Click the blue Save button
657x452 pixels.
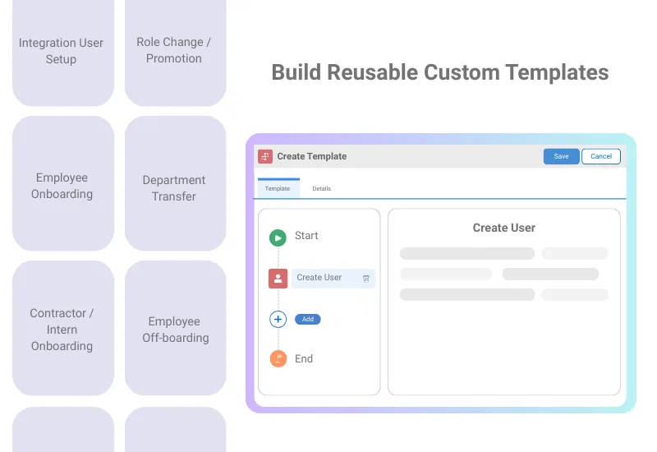(561, 156)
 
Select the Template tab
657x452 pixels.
(278, 188)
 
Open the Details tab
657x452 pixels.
(321, 188)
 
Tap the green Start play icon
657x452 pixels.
(278, 238)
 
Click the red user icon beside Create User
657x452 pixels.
(278, 278)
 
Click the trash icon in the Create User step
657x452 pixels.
(366, 279)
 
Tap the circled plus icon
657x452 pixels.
(278, 319)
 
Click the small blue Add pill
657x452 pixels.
(308, 319)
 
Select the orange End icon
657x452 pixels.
(278, 358)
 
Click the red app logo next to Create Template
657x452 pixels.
(265, 156)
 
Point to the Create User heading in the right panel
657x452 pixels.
(503, 228)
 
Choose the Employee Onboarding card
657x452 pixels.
(62, 185)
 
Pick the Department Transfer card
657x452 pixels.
(174, 187)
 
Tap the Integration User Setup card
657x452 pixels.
(62, 51)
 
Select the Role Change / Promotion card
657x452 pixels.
(174, 50)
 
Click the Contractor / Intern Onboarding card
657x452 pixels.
(62, 329)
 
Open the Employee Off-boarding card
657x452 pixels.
(175, 329)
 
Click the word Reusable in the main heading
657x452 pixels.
(373, 72)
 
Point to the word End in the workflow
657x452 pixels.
(304, 358)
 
